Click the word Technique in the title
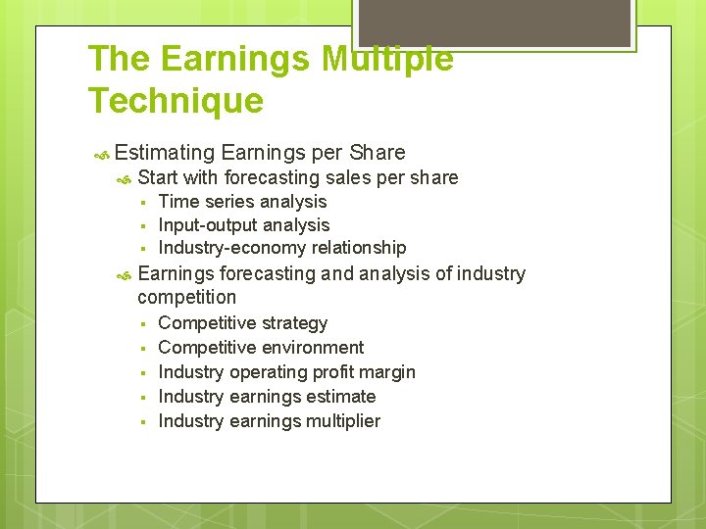coord(176,100)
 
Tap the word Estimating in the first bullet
coord(164,153)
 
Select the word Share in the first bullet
coord(378,153)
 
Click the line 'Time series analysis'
coord(242,202)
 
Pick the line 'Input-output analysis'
coord(243,225)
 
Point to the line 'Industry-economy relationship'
coord(281,248)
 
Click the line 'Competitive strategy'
coord(242,323)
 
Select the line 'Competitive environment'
coord(260,348)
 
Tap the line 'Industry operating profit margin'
coord(286,372)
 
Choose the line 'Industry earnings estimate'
coord(267,397)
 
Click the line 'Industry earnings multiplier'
coord(269,421)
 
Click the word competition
coord(186,297)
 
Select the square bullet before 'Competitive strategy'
coord(143,324)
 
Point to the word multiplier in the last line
coord(342,421)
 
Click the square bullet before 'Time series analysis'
coord(143,203)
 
